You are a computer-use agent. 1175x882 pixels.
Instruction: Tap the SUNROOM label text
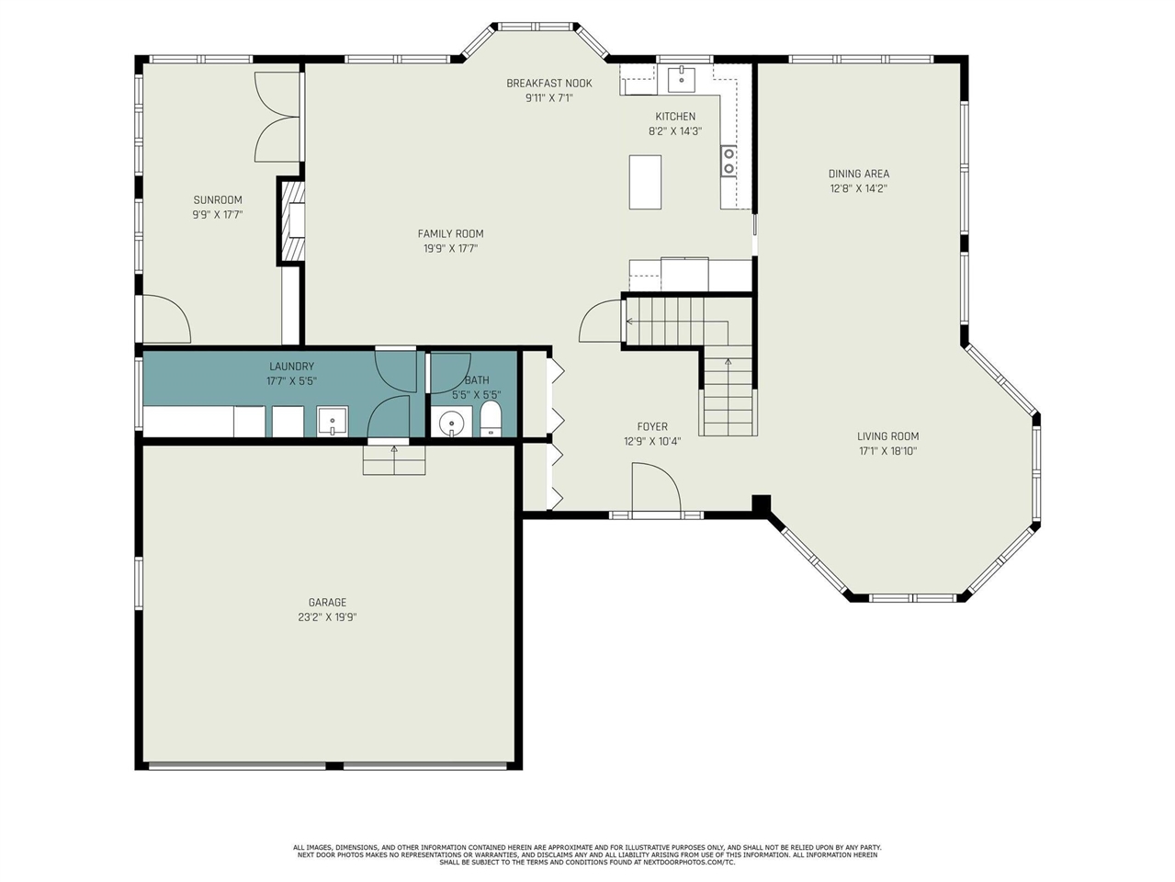pos(218,200)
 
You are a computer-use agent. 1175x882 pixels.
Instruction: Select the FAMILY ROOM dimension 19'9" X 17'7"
pos(450,248)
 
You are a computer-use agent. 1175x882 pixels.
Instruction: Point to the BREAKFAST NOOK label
pos(548,84)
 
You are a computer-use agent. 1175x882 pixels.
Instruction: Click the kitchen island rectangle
pos(645,182)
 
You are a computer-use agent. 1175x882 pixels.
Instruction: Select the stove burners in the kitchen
pos(729,161)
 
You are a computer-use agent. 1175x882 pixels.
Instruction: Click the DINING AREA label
pos(858,174)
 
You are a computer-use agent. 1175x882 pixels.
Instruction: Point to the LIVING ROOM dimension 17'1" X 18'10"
pos(887,451)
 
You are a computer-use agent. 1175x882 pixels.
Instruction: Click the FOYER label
pos(652,426)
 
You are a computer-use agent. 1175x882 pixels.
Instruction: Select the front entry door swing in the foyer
pos(655,487)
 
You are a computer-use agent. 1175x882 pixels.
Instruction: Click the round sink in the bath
pos(451,424)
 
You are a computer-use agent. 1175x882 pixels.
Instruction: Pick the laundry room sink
pos(332,422)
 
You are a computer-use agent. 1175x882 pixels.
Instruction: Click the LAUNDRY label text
pos(291,367)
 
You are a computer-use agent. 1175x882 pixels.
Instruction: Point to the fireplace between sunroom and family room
pos(292,220)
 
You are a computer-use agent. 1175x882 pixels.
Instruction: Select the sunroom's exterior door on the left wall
pos(164,317)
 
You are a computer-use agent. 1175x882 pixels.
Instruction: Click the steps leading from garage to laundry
pos(394,459)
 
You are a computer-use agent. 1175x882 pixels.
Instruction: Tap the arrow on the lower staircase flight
pos(729,362)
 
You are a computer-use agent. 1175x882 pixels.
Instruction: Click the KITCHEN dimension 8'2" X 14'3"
pos(675,131)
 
